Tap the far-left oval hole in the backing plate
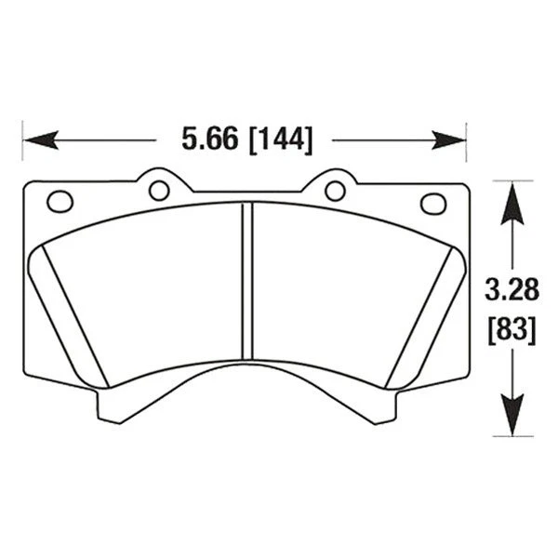(60, 201)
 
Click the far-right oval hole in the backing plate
(432, 203)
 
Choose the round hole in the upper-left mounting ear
(159, 191)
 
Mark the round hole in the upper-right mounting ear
(335, 191)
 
